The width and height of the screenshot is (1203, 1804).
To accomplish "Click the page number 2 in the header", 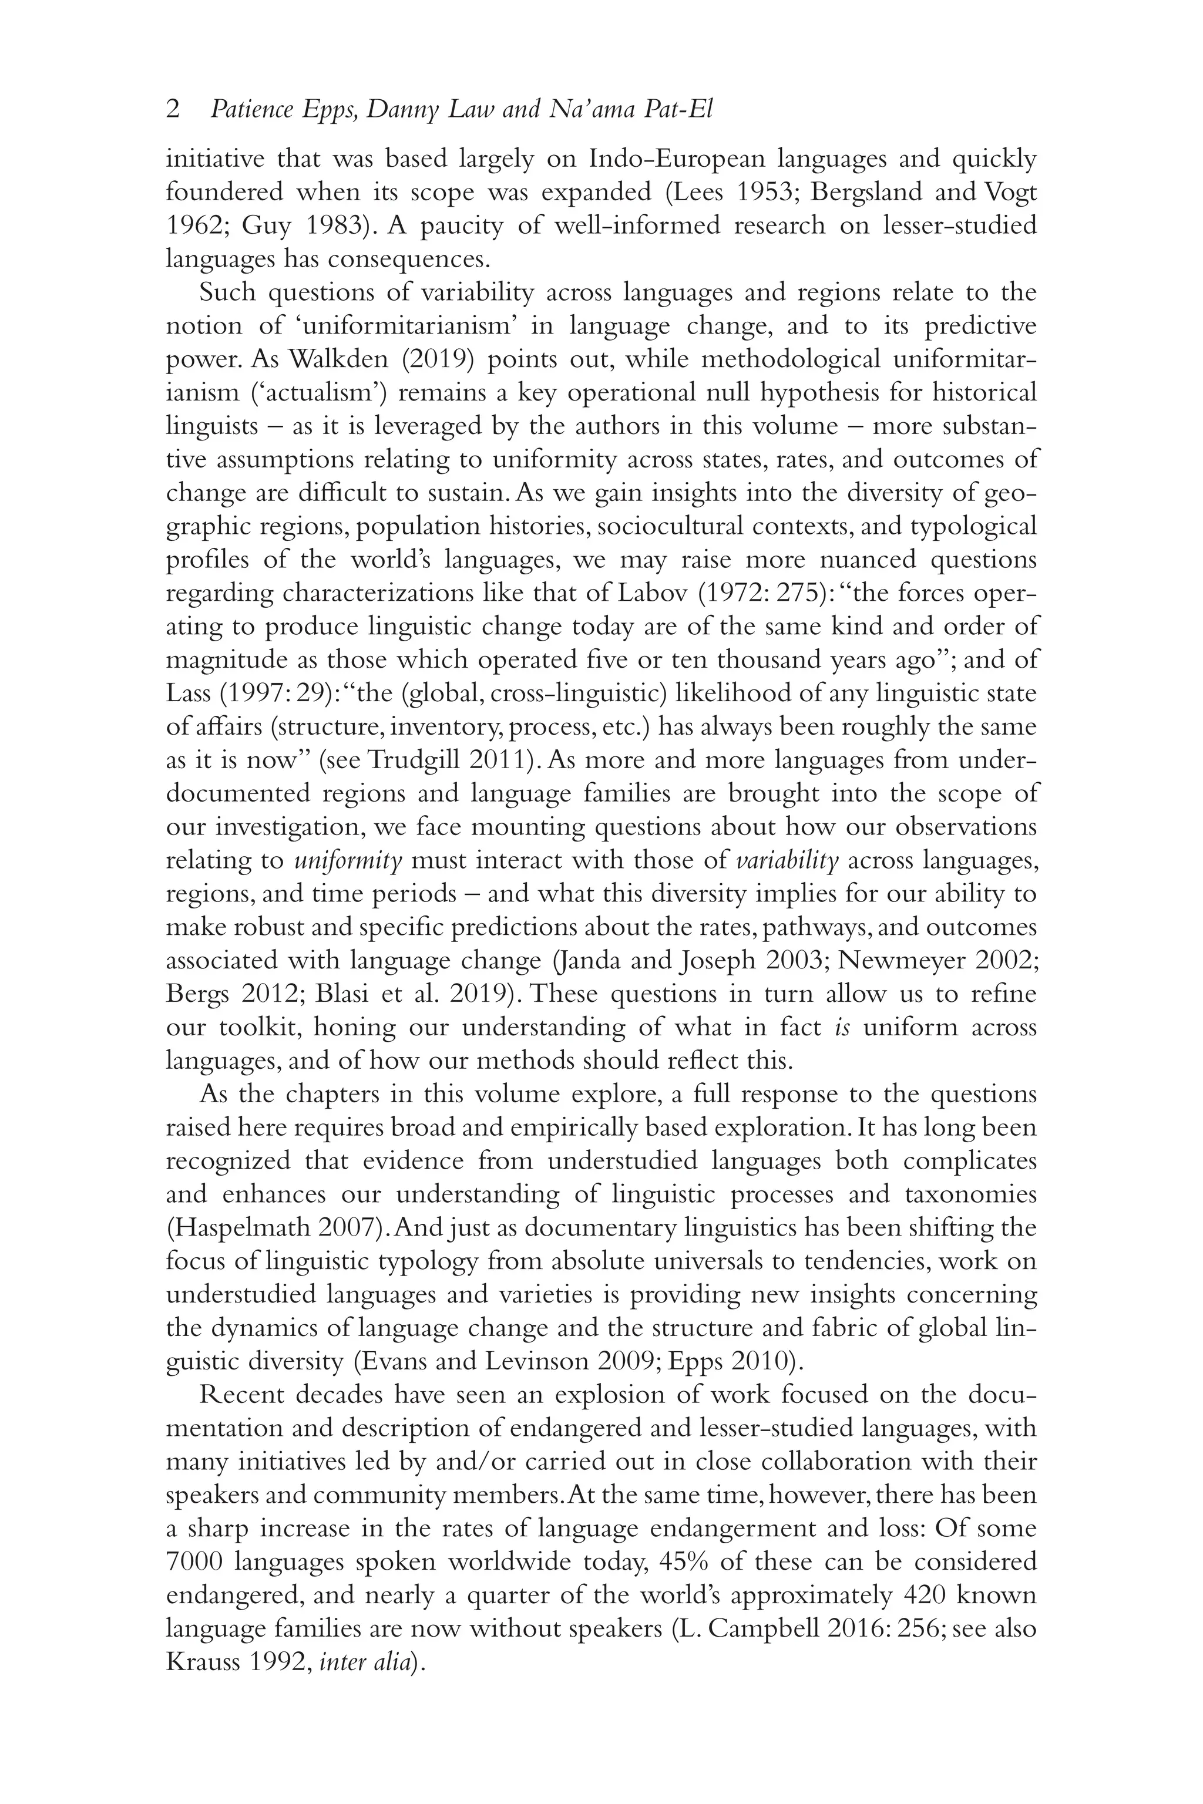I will click(x=173, y=110).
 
